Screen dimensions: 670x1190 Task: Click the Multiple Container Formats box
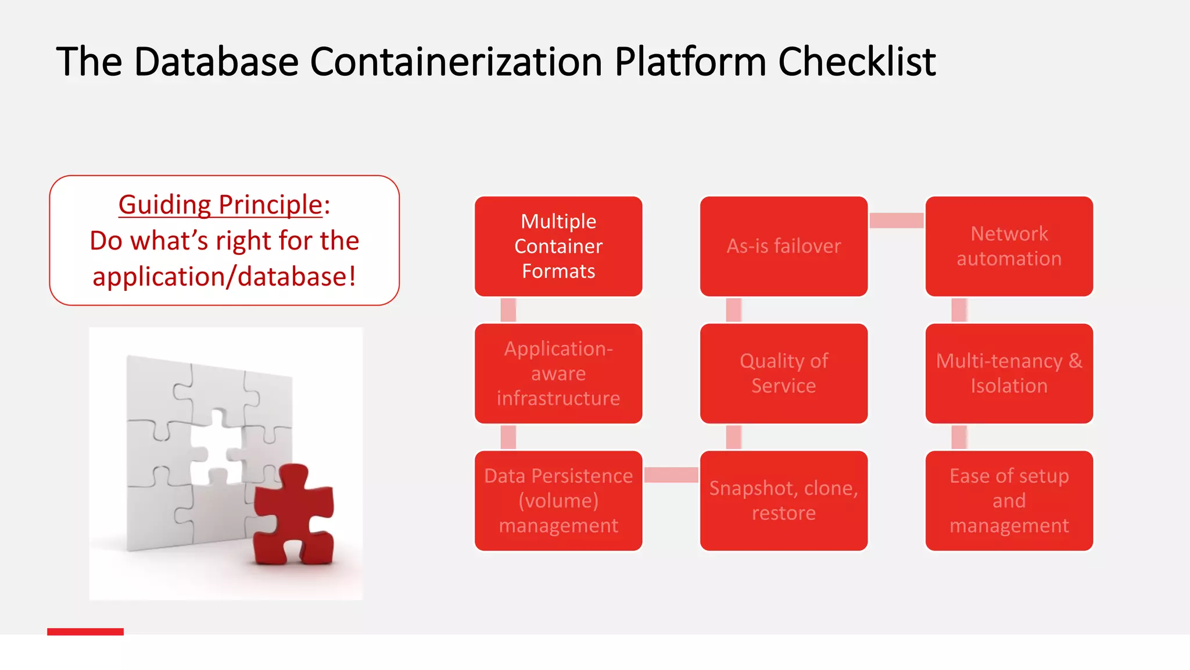[x=558, y=246]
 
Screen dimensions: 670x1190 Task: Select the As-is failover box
[x=783, y=246]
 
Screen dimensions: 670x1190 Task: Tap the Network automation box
[x=1009, y=246]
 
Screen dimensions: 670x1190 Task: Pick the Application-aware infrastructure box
[x=558, y=373]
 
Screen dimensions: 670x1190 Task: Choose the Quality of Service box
[x=783, y=373]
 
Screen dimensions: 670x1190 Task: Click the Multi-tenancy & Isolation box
[x=1009, y=373]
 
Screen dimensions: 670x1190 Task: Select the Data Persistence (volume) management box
[x=558, y=501]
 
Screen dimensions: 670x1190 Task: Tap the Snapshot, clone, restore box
[x=783, y=501]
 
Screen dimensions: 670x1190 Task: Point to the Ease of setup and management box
[x=1009, y=501]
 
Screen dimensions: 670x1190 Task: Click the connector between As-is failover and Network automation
[x=896, y=220]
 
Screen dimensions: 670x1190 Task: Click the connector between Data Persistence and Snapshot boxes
[x=671, y=475]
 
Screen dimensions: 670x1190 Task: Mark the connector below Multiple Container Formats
[x=508, y=310]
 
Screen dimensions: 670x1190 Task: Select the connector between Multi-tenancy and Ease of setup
[x=959, y=437]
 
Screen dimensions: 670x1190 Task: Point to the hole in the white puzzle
[x=216, y=448]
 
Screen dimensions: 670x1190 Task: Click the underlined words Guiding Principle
[x=220, y=205]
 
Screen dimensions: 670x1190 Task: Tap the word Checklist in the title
[x=856, y=61]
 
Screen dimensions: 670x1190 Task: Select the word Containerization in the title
[x=456, y=61]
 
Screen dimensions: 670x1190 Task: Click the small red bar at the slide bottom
[x=85, y=632]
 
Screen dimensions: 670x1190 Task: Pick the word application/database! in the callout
[x=224, y=277]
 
